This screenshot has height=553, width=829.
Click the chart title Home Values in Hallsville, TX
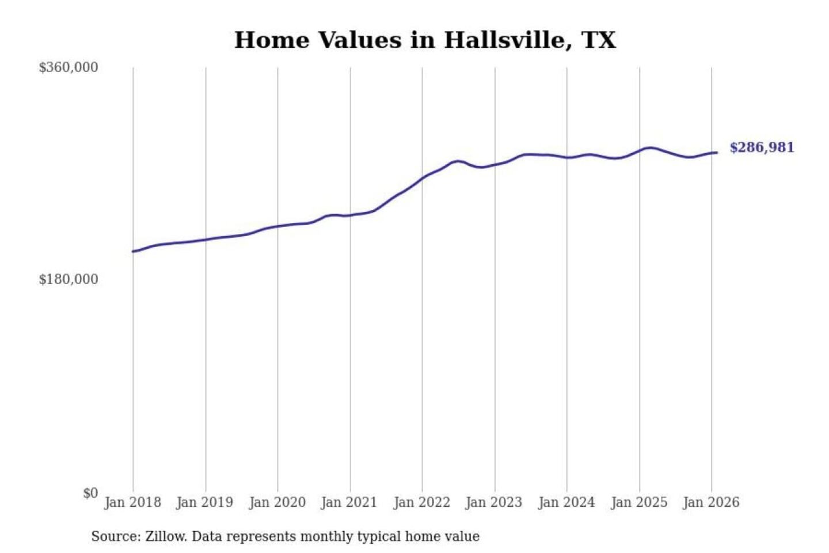tap(425, 40)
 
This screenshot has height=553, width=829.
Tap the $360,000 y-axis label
tap(69, 67)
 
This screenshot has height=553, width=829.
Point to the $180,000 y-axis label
tap(69, 279)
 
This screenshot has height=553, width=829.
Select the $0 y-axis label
tap(90, 493)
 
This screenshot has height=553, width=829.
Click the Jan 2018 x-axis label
tap(132, 502)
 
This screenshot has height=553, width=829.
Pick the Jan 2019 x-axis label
tap(205, 502)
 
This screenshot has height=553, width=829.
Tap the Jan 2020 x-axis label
tap(277, 502)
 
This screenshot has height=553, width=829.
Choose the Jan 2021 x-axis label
tap(349, 502)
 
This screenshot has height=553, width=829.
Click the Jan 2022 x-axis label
tap(421, 502)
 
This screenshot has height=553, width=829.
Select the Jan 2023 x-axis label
tap(494, 502)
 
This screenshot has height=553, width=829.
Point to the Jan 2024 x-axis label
tap(566, 502)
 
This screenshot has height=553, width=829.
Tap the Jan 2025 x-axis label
tap(639, 502)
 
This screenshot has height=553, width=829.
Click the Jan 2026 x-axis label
tap(711, 502)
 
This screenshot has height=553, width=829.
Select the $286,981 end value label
tap(762, 147)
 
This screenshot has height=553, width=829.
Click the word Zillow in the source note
tap(165, 537)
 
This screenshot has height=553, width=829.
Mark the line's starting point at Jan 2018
tap(133, 251)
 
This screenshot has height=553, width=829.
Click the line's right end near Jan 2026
tap(716, 153)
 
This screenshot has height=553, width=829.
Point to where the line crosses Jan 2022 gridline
tap(422, 178)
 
